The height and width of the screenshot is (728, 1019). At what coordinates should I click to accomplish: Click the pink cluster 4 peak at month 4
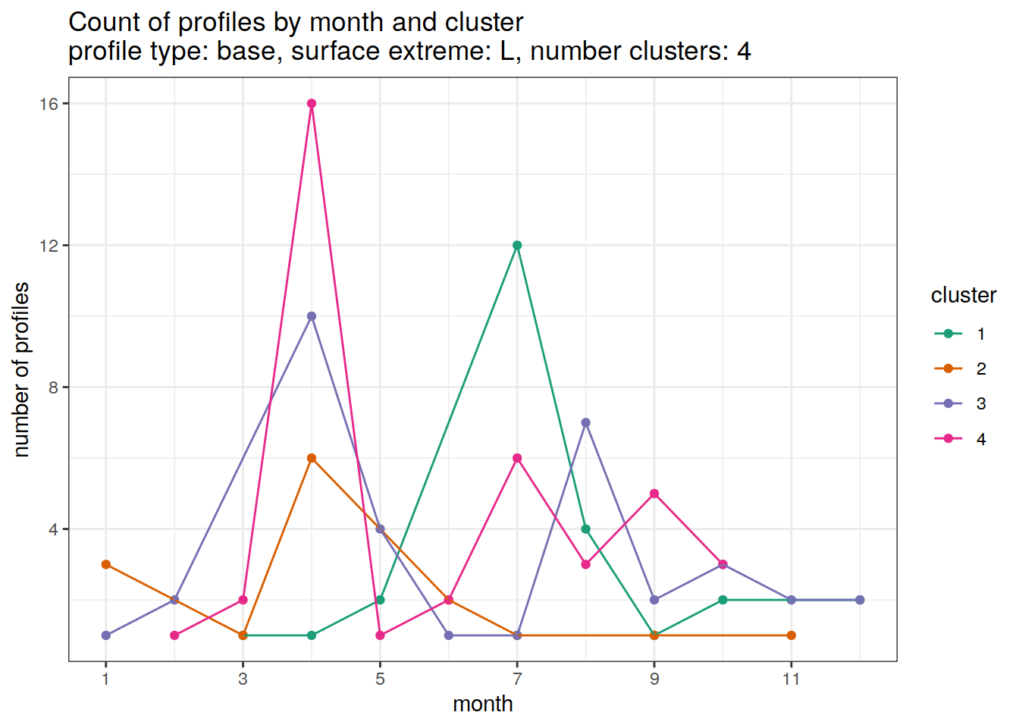(x=312, y=104)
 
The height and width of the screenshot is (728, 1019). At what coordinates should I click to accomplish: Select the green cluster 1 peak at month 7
(x=517, y=246)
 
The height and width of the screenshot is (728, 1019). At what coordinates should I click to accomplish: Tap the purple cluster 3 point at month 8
(x=585, y=423)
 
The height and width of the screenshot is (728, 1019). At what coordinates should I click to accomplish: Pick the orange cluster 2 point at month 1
(x=106, y=565)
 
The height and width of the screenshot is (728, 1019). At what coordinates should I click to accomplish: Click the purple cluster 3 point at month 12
(x=860, y=600)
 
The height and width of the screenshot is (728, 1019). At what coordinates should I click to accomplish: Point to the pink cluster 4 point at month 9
(x=654, y=494)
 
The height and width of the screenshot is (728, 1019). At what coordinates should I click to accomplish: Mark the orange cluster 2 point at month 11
(x=792, y=635)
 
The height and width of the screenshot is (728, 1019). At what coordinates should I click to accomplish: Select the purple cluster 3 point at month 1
(x=106, y=635)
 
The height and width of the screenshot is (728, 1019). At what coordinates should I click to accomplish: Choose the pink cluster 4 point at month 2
(x=174, y=635)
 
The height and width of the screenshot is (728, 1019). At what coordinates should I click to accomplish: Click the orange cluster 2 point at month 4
(x=312, y=458)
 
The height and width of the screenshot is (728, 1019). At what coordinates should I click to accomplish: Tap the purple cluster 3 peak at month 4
(x=312, y=316)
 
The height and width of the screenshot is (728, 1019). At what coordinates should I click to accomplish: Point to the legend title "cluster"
(x=963, y=295)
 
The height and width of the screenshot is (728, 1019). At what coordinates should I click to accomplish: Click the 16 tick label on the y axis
(x=49, y=104)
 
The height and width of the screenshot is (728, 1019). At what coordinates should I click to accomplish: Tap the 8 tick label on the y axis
(x=53, y=388)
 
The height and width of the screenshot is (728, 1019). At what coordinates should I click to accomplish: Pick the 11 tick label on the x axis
(x=792, y=679)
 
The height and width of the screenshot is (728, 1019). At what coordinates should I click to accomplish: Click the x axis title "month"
(x=483, y=704)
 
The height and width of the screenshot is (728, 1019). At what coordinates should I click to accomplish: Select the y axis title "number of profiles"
(x=22, y=369)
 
